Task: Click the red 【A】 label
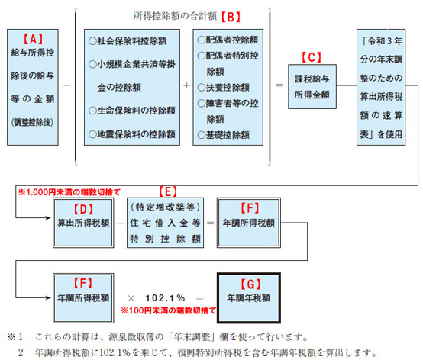point(33,39)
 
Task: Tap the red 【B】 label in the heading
point(231,17)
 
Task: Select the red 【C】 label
point(312,57)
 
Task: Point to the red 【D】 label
point(83,209)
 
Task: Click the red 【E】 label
point(168,191)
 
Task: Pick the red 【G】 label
point(250,284)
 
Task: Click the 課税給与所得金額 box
point(312,86)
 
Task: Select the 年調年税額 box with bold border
point(249,297)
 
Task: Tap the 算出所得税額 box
point(83,223)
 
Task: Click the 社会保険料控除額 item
point(128,41)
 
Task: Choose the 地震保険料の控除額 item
point(132,134)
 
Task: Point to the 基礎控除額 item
point(224,135)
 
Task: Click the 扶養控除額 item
point(224,87)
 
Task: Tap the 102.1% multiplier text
point(165,298)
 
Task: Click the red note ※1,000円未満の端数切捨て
point(69,192)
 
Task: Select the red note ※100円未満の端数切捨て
point(168,310)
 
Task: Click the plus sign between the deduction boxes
point(186,85)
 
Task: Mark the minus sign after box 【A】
point(66,85)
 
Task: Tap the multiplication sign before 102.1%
point(131,298)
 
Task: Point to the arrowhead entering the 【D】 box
point(49,217)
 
